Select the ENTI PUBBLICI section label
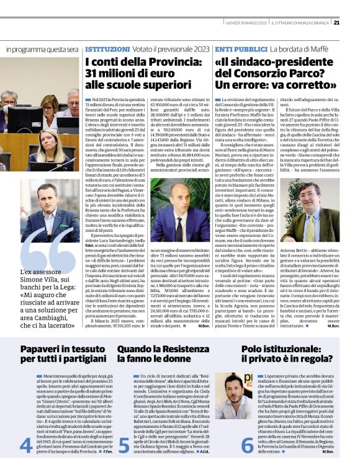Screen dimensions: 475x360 [x=234, y=48]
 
